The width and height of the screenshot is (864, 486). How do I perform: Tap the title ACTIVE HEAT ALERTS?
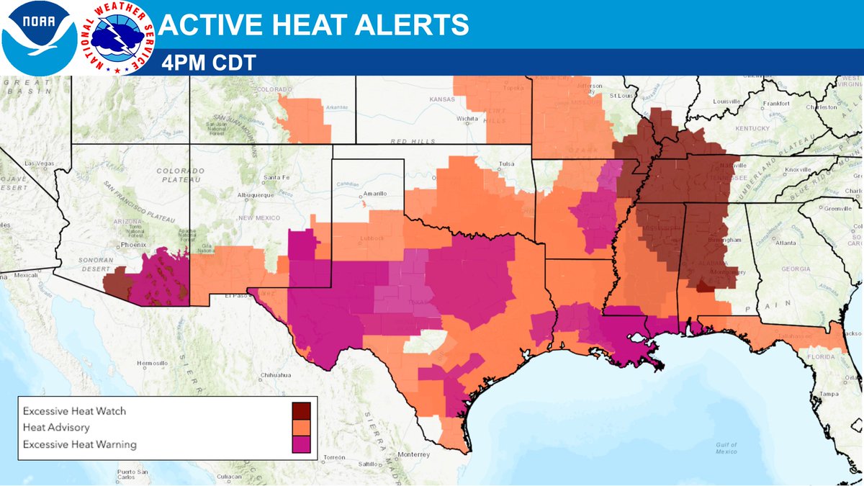coord(313,25)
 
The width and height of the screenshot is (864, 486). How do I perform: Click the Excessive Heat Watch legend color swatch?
coord(301,411)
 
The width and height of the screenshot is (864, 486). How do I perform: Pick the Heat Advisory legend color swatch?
coord(301,428)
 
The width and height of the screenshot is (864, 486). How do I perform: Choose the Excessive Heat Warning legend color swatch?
coord(301,444)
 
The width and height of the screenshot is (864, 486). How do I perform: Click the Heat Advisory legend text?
coord(56,428)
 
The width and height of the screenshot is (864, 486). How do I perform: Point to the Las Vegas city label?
coord(39,164)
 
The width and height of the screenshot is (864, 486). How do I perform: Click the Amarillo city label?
coord(374,194)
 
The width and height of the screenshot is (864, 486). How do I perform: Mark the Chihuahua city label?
coord(275,375)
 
